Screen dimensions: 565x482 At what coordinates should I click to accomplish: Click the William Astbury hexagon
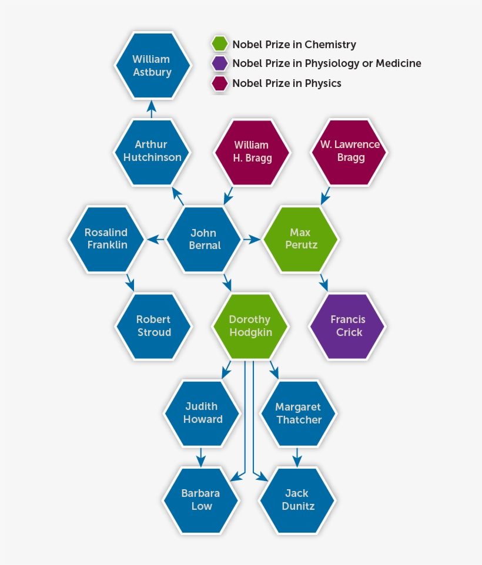pos(152,65)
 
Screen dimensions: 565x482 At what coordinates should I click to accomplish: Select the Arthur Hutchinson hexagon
pos(152,151)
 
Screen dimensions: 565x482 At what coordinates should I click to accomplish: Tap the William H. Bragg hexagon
pos(251,152)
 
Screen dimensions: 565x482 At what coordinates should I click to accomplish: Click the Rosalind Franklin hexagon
pos(106,238)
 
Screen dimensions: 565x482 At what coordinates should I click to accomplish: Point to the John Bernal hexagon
pos(204,239)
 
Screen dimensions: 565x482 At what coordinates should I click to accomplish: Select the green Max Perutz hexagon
pos(300,238)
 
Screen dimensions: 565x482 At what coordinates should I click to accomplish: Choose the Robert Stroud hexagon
pos(153,326)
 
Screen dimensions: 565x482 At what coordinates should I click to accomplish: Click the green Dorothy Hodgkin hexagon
pos(250,326)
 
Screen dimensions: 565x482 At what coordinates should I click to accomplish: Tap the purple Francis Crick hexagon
pos(347,326)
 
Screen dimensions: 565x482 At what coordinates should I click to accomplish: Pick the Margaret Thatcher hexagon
pos(298,413)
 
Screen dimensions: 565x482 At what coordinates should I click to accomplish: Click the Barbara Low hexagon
pos(202,500)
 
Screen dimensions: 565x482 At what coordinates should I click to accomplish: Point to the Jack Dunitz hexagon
pos(297,500)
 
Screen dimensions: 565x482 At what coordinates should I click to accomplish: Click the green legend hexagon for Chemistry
pos(220,44)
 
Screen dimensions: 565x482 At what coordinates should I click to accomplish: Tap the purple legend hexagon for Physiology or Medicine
pos(220,63)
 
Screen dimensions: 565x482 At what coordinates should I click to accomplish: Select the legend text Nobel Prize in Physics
pos(286,83)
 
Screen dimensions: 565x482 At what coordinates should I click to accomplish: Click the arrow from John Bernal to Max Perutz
pos(252,239)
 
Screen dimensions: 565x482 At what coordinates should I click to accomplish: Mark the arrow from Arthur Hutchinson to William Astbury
pos(152,109)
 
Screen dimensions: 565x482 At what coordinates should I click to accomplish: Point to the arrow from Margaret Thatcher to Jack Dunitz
pos(297,456)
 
